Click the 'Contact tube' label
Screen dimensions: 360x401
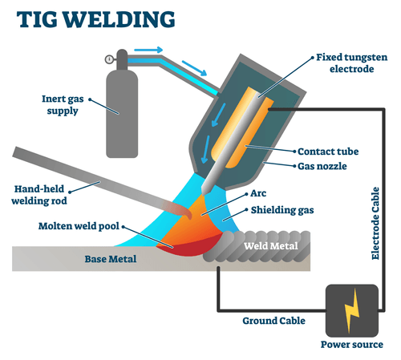pyautogui.click(x=326, y=150)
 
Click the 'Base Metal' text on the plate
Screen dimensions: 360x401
pyautogui.click(x=111, y=259)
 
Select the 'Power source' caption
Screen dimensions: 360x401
pyautogui.click(x=352, y=347)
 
